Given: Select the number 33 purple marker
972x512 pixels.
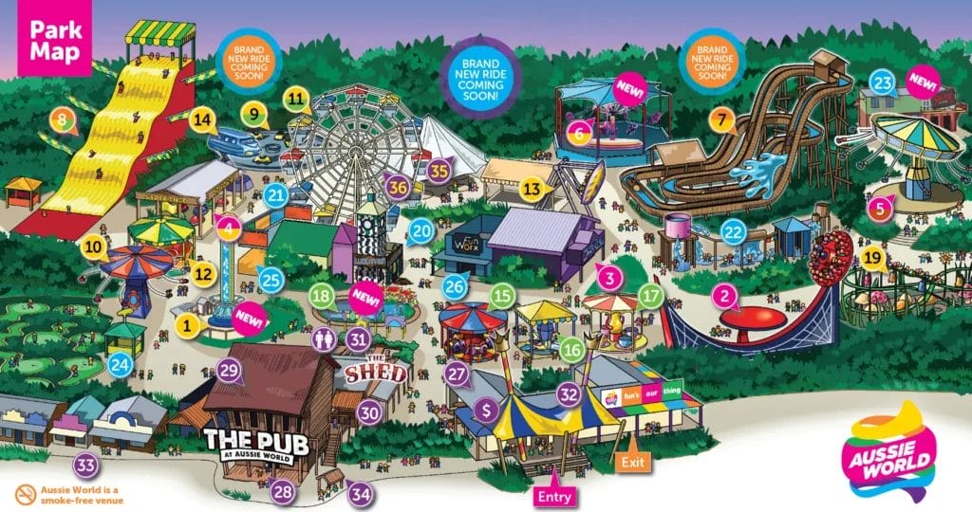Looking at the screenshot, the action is [x=86, y=466].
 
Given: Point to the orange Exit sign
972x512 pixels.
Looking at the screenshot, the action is [x=631, y=463].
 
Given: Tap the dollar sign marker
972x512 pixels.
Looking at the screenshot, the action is [x=487, y=409].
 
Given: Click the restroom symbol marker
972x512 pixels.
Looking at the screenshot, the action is [x=326, y=338].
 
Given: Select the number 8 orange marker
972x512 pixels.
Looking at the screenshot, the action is [x=63, y=120].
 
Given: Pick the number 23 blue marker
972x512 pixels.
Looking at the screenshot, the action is [x=883, y=83].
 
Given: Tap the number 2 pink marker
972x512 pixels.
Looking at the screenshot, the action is [x=726, y=295].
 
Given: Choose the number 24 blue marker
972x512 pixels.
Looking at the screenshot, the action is [x=119, y=362].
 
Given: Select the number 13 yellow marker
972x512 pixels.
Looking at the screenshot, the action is [x=533, y=189].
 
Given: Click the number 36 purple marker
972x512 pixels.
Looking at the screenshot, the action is [x=399, y=188].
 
